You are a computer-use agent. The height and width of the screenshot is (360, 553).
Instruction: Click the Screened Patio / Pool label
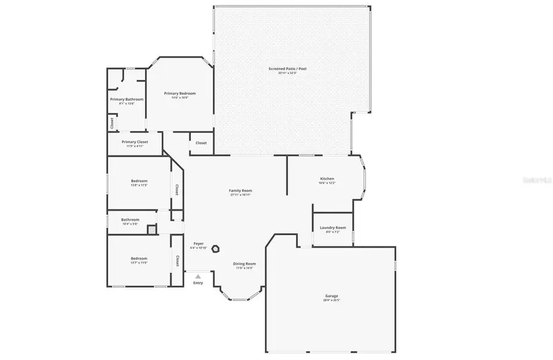(x=287, y=68)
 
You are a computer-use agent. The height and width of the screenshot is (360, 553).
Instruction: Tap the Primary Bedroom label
(x=179, y=93)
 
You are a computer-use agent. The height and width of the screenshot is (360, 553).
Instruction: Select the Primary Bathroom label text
(x=127, y=99)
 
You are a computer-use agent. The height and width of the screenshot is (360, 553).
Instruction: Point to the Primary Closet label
(x=135, y=142)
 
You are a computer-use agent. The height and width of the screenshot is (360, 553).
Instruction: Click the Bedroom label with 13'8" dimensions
(x=139, y=181)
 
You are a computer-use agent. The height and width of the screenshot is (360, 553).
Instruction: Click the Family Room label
(x=241, y=190)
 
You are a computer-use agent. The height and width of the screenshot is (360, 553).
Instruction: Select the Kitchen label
(x=326, y=179)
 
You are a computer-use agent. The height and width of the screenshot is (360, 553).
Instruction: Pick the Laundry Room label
(x=332, y=228)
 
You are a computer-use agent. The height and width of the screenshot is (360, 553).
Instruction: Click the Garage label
(x=331, y=296)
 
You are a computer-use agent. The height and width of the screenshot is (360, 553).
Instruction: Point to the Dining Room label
(x=244, y=264)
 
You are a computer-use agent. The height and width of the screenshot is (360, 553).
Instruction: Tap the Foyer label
(x=198, y=244)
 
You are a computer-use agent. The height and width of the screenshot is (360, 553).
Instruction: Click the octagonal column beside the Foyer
(x=217, y=249)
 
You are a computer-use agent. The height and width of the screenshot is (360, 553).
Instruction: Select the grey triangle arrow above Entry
(x=198, y=277)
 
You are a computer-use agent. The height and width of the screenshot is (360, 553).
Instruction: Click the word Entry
(x=198, y=283)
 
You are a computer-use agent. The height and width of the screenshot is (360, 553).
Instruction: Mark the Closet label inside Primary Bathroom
(x=112, y=123)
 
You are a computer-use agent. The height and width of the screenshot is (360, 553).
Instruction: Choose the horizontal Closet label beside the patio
(x=201, y=143)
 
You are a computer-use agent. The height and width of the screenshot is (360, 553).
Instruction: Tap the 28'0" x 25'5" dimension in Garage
(x=331, y=300)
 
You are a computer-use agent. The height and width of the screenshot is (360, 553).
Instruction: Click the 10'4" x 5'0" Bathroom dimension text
(x=130, y=224)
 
